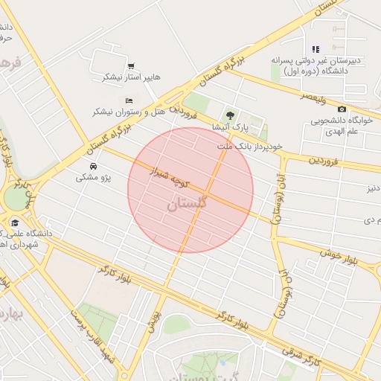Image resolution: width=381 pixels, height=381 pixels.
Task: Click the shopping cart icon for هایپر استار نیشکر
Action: pos(131,66)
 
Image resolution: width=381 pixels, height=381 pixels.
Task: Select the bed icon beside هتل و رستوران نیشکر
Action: pos(129,100)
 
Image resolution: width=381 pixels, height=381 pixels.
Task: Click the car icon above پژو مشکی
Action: pos(93,166)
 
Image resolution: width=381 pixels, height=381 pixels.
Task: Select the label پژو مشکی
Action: pos(93,178)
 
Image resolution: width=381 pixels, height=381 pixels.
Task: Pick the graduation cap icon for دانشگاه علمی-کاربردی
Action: pos(14,222)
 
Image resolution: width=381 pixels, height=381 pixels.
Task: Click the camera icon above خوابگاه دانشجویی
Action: pos(342,109)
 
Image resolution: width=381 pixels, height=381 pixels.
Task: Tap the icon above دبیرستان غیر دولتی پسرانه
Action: pos(316,50)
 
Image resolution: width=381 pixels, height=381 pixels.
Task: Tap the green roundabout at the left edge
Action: pos(14,198)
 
